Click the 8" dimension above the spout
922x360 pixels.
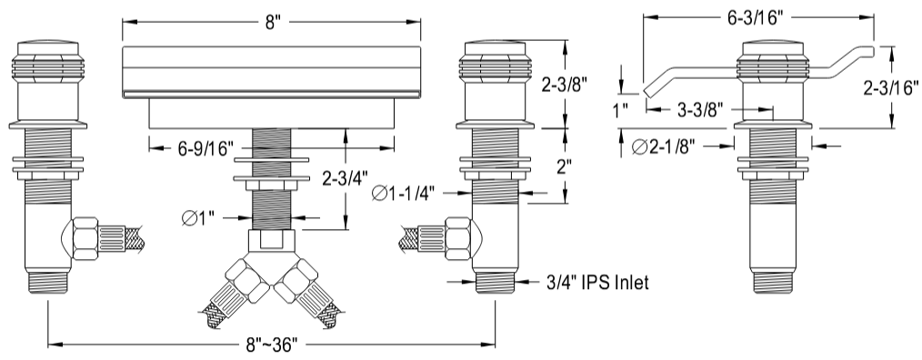[272, 22]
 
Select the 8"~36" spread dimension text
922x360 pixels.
[272, 345]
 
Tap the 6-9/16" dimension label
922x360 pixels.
[205, 147]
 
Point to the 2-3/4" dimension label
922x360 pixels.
[346, 176]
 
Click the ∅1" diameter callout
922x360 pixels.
[199, 218]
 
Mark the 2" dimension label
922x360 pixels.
[564, 167]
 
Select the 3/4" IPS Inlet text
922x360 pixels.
[596, 283]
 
